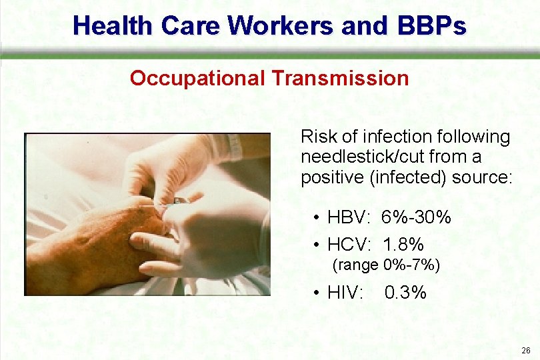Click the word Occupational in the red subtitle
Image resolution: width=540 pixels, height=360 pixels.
coord(198,78)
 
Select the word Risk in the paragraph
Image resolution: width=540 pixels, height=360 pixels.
coord(317,137)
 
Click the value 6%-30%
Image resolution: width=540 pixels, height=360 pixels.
coord(416,217)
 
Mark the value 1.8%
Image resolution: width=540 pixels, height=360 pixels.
coord(403,244)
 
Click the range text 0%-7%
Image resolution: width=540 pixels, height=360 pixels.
coord(412,265)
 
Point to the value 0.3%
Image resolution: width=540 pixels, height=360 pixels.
coord(405,293)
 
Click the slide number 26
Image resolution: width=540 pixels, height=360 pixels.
coord(526,351)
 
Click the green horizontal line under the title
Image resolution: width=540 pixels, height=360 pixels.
coord(270,56)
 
